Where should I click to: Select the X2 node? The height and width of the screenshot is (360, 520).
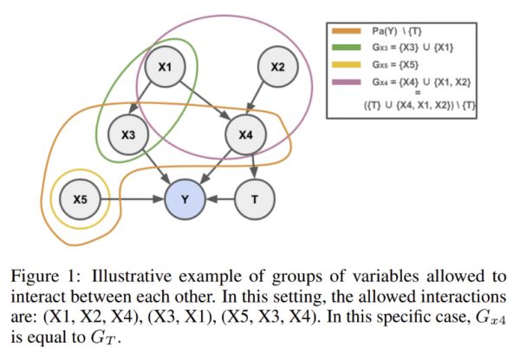[278, 66]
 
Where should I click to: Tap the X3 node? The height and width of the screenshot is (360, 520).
[129, 134]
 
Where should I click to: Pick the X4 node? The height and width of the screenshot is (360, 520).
[246, 134]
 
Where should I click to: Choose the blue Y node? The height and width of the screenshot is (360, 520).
[187, 200]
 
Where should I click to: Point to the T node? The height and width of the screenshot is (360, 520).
[255, 200]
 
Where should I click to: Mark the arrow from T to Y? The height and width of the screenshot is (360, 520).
[222, 200]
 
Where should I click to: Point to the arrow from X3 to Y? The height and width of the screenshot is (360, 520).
[158, 167]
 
